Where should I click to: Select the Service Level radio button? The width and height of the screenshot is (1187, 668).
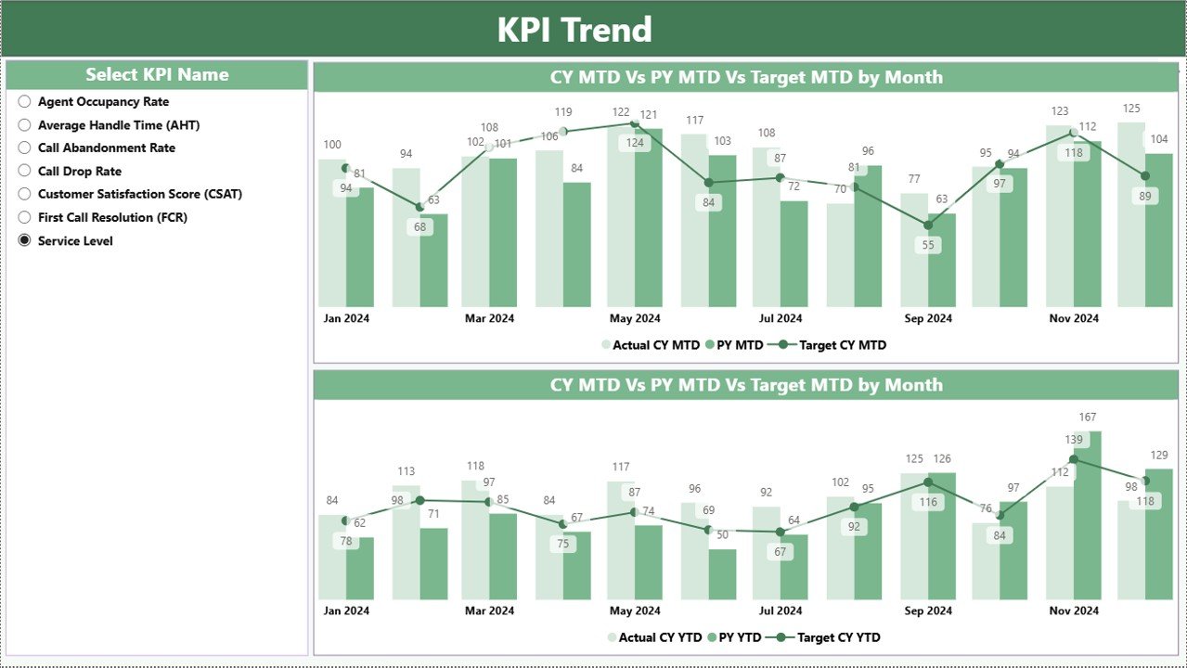[24, 240]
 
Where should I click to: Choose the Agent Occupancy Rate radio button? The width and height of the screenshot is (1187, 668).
[24, 102]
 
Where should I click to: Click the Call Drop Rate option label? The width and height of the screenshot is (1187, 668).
[80, 172]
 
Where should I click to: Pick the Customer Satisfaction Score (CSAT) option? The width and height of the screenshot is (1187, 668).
[139, 194]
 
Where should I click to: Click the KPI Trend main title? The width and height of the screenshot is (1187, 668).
[574, 30]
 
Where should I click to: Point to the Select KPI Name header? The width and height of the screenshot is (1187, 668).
[157, 75]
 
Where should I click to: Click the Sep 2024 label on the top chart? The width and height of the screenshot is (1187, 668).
[928, 318]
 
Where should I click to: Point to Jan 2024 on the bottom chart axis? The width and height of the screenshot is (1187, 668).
[346, 610]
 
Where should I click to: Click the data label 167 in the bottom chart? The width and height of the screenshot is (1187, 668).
[1088, 417]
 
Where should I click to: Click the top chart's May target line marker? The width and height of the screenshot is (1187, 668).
[635, 124]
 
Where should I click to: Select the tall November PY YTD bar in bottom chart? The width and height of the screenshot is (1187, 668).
[1088, 520]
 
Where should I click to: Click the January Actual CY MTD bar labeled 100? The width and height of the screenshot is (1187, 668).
[331, 232]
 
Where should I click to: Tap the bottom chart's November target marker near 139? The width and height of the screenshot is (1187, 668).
[1074, 459]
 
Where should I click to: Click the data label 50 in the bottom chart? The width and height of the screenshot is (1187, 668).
[722, 534]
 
